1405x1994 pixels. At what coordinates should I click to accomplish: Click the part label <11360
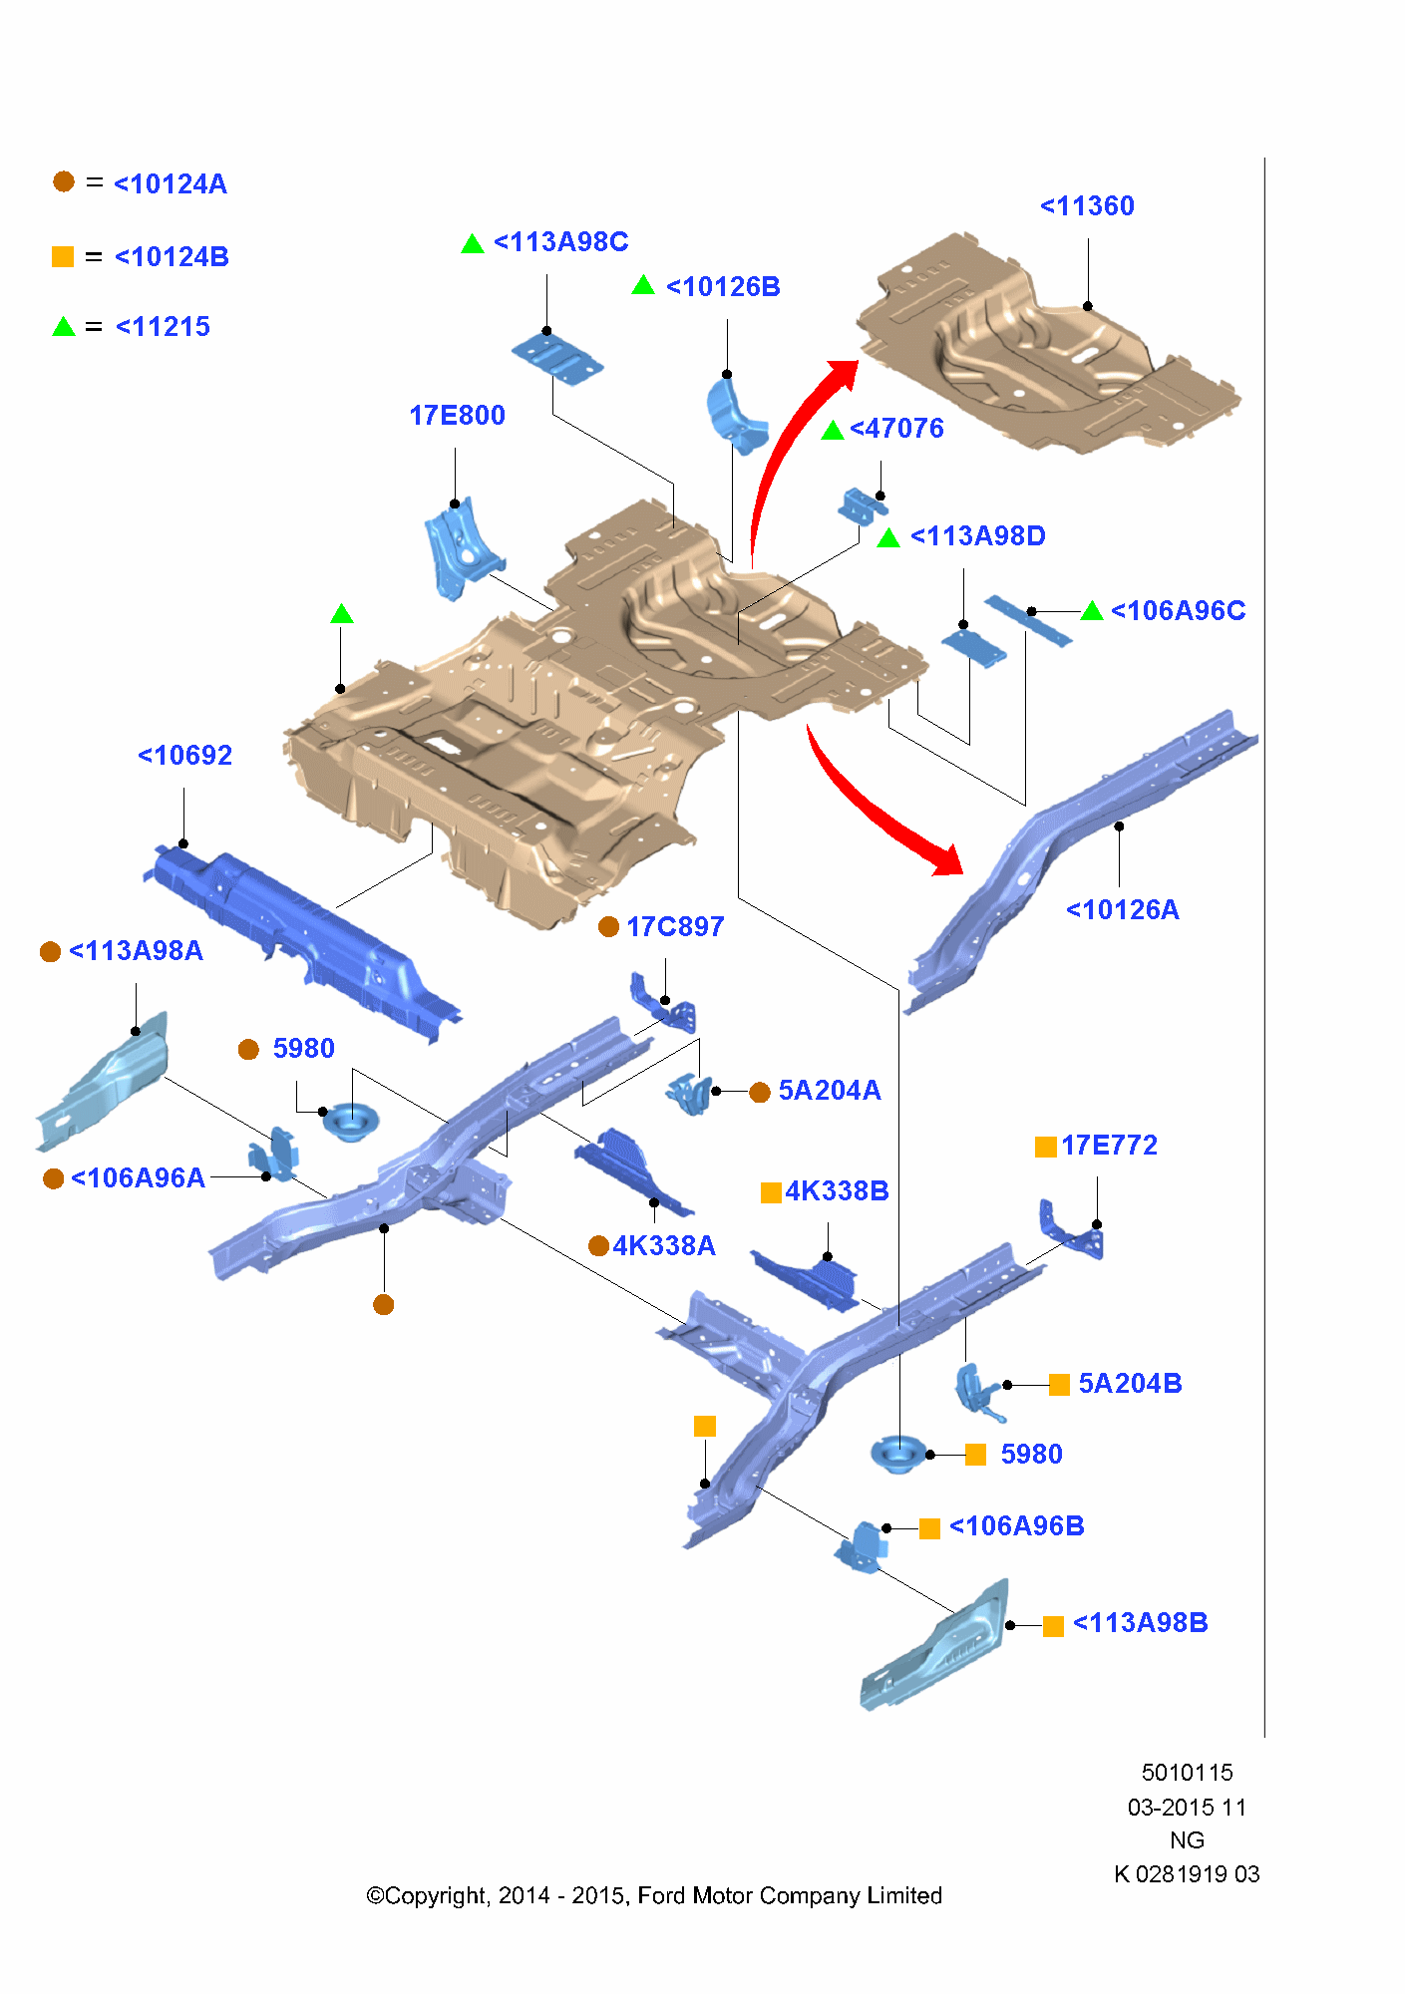tap(1087, 206)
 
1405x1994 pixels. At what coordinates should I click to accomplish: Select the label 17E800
tap(457, 416)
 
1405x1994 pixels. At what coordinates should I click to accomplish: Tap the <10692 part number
tap(184, 756)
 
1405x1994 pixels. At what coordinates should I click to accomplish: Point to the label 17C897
tap(675, 927)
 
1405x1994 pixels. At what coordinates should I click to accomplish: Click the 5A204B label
tap(1130, 1384)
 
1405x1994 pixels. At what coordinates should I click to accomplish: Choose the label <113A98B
tap(1140, 1623)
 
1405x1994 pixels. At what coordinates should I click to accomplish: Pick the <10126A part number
tap(1122, 910)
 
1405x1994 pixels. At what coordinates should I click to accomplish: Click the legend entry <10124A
tap(171, 184)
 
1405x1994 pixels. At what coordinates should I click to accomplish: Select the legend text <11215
tap(163, 327)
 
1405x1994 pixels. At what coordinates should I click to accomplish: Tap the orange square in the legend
tap(63, 257)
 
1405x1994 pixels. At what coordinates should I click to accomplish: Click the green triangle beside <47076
tap(833, 431)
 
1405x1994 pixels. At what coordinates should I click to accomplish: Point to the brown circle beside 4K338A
tap(598, 1246)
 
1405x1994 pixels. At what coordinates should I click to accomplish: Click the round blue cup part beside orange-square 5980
tap(897, 1455)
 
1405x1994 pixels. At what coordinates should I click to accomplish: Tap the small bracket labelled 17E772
tap(1072, 1231)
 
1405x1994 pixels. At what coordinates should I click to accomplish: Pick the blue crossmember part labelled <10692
tap(299, 937)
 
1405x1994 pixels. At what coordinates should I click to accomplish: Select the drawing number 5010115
tap(1187, 1773)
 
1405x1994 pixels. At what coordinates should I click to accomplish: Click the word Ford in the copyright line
tap(661, 1896)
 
